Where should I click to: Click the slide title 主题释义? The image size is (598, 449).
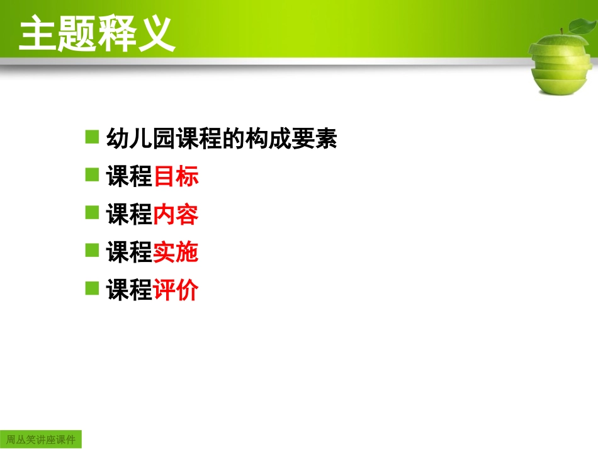(96, 34)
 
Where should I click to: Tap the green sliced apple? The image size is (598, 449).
(560, 63)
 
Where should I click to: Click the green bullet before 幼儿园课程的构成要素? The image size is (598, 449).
(93, 137)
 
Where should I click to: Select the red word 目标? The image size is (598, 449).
(176, 177)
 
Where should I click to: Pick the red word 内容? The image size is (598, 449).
(176, 215)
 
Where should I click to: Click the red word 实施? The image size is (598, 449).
(176, 253)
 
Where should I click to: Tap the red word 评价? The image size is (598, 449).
(176, 290)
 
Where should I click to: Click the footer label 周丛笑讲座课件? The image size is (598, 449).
(41, 439)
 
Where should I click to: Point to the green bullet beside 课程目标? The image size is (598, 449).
(93, 175)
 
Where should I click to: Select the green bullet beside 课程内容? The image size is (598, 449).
(93, 213)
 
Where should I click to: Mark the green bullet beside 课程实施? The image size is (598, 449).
(93, 251)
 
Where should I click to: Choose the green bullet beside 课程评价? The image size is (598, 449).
(93, 288)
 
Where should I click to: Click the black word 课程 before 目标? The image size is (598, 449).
(130, 177)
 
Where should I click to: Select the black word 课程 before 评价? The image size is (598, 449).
(130, 290)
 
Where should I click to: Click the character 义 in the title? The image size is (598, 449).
(155, 34)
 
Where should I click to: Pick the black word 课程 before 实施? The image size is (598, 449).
(130, 253)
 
